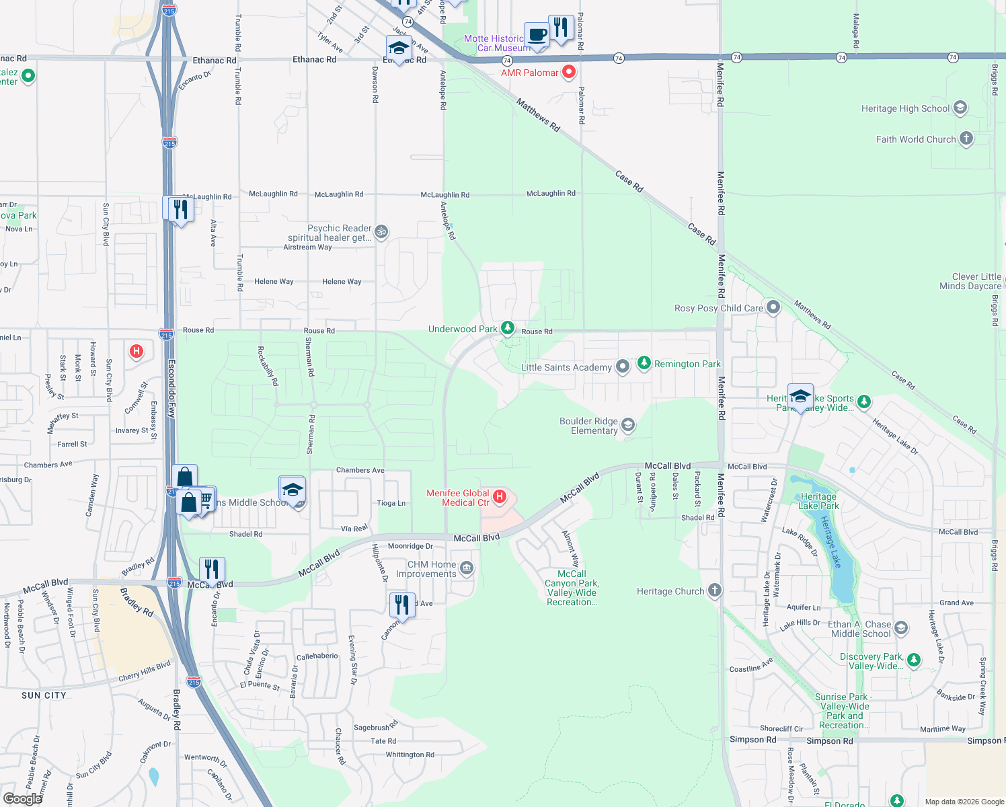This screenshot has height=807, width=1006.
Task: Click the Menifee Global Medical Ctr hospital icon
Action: click(x=500, y=497)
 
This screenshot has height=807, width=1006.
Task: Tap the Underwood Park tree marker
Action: click(x=508, y=328)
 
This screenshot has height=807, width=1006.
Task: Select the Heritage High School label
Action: click(x=905, y=108)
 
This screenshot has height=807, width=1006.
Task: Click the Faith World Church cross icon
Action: click(x=966, y=139)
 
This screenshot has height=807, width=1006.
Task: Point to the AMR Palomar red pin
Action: click(x=569, y=71)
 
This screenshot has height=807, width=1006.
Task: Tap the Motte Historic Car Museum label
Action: click(x=497, y=43)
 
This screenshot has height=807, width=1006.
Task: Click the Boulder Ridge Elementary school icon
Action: click(x=627, y=425)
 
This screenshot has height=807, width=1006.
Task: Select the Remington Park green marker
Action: click(x=644, y=363)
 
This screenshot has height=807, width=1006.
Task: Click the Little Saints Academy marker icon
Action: click(x=623, y=367)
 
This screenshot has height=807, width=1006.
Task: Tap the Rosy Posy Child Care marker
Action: click(x=773, y=308)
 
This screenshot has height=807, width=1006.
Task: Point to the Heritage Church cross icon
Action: click(x=714, y=590)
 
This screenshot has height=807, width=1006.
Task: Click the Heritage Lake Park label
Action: click(x=818, y=501)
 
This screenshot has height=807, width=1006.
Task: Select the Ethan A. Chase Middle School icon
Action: click(x=900, y=628)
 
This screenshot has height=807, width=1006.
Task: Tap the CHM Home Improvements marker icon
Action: click(x=466, y=569)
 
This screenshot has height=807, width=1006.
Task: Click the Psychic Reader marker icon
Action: click(x=381, y=232)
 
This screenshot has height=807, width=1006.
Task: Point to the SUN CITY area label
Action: click(x=44, y=695)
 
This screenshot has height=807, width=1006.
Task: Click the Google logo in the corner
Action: click(x=22, y=798)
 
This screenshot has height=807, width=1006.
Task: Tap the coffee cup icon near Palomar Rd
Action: click(x=536, y=34)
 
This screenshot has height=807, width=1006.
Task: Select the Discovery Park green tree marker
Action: click(x=913, y=660)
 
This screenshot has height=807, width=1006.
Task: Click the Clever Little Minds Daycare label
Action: click(x=970, y=281)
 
